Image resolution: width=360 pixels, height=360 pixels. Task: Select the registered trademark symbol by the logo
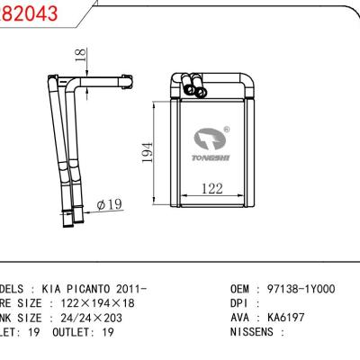pos(225,129)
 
